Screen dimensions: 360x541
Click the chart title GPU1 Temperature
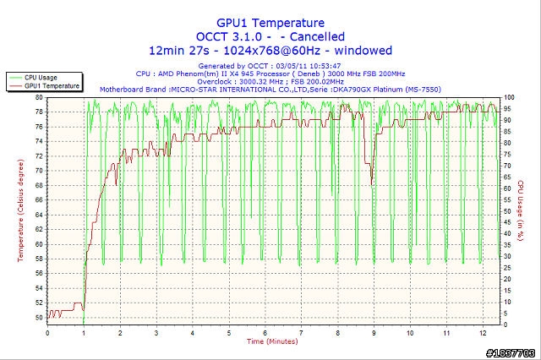pyautogui.click(x=270, y=23)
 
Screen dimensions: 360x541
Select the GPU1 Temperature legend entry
pyautogui.click(x=52, y=85)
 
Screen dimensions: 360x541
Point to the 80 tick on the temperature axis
pyautogui.click(x=39, y=97)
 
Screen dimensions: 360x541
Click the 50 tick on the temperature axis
pyautogui.click(x=39, y=318)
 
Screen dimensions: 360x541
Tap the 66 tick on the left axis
pyautogui.click(x=39, y=200)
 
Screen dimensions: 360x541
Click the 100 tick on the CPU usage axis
pyautogui.click(x=509, y=97)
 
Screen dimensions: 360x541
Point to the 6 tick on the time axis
pyautogui.click(x=265, y=333)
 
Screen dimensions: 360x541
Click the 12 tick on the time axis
pyautogui.click(x=482, y=333)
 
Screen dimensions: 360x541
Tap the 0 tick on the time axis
pyautogui.click(x=47, y=333)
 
